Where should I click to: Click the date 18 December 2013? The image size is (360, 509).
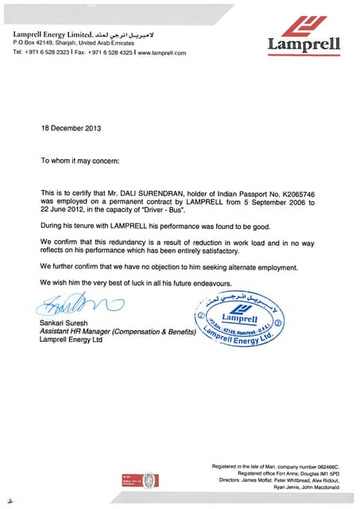[72, 128]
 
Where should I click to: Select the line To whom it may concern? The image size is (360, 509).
[79, 161]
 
